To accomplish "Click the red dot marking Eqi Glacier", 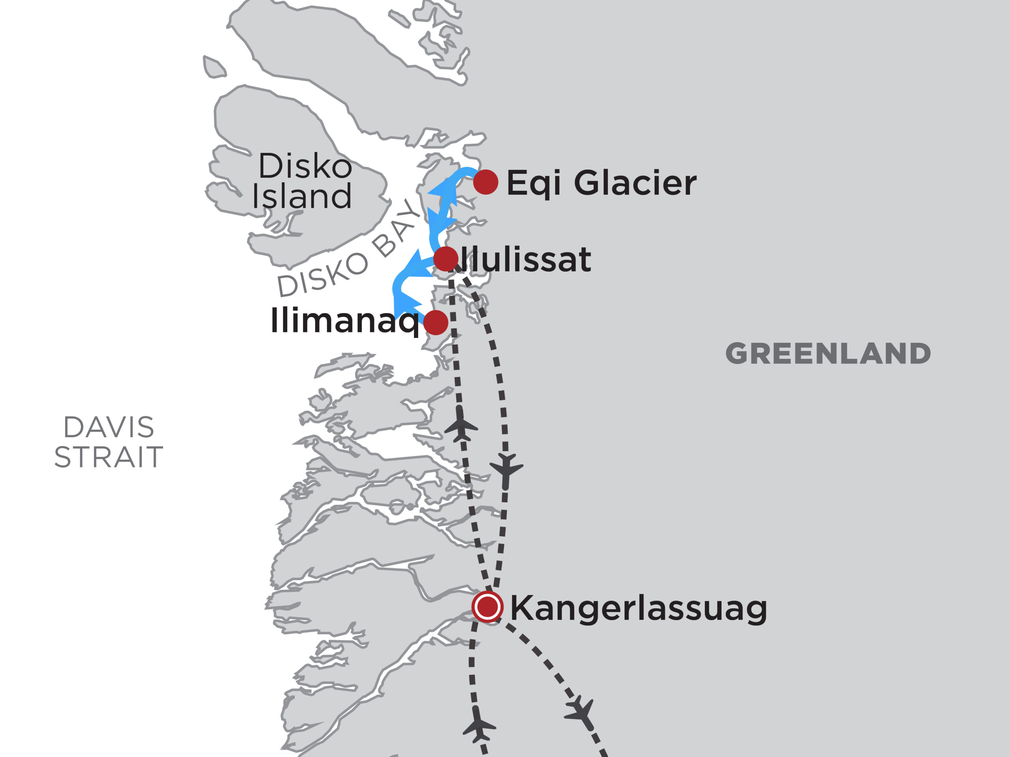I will [x=485, y=182].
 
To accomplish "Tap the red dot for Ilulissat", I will [x=446, y=259].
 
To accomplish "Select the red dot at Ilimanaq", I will [x=436, y=323].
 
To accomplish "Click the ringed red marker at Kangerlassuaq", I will [x=488, y=607].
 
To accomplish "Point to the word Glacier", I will [x=635, y=183].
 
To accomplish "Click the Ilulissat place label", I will [x=525, y=260].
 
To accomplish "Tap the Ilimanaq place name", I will [x=345, y=321].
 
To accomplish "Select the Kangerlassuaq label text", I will [x=638, y=609].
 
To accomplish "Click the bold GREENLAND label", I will [x=828, y=354].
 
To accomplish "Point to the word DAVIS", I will [x=108, y=427].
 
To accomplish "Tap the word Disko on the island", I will [x=305, y=166].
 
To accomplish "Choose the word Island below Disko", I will [x=302, y=196].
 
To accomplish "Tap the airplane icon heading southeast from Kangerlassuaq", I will [x=580, y=712].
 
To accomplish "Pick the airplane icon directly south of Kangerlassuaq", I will [x=479, y=725].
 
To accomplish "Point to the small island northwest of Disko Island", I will [x=214, y=67].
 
